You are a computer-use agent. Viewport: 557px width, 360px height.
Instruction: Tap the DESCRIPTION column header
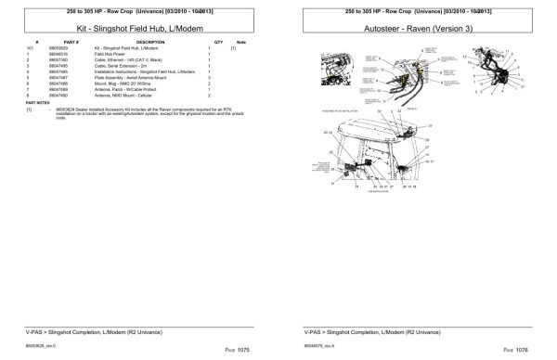[149, 43]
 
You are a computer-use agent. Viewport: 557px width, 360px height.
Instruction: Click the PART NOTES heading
[38, 102]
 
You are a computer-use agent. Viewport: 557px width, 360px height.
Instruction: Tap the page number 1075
[244, 349]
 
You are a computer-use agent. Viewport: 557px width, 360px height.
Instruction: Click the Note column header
[241, 43]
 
